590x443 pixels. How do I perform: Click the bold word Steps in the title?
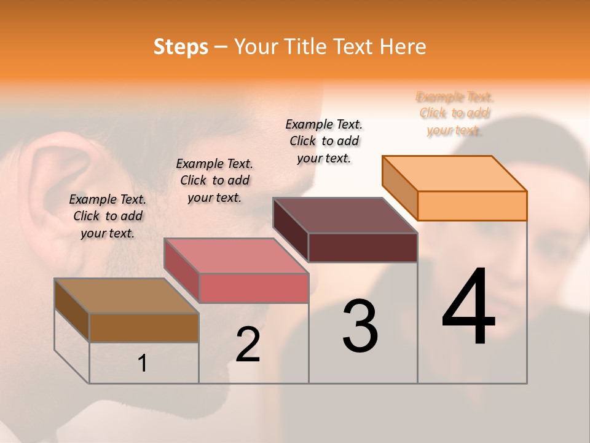tap(181, 47)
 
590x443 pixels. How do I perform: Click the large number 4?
tap(468, 308)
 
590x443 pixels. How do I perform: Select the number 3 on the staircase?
tap(360, 327)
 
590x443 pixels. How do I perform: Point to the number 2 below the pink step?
tap(248, 345)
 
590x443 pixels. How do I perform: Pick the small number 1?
tap(143, 364)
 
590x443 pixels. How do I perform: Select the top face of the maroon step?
tap(345, 215)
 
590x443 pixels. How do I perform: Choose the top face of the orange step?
tap(454, 174)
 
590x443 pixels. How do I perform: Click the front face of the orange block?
tap(472, 206)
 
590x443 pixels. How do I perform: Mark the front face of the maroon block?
tap(363, 247)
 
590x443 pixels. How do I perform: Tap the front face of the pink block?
tap(254, 289)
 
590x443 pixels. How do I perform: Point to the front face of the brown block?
tap(144, 328)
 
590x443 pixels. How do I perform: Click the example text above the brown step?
tap(108, 216)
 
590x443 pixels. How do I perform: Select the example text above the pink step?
tap(214, 180)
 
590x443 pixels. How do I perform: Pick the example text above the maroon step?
tap(324, 141)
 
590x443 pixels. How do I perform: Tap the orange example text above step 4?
tap(455, 113)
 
